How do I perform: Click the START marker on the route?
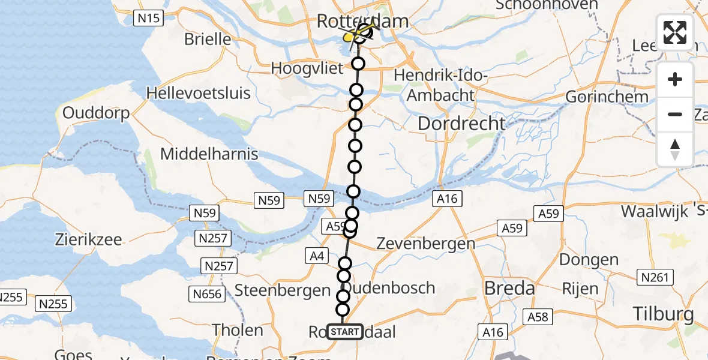pyautogui.click(x=345, y=331)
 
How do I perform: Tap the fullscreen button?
pyautogui.click(x=675, y=32)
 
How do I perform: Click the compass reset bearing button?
pyautogui.click(x=675, y=149)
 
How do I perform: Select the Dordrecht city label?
pyautogui.click(x=461, y=124)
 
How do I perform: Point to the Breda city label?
pyautogui.click(x=509, y=289)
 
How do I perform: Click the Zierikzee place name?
pyautogui.click(x=89, y=239)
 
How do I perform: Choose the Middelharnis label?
pyautogui.click(x=209, y=154)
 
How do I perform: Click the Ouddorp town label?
pyautogui.click(x=96, y=113)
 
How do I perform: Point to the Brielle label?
pyautogui.click(x=208, y=40)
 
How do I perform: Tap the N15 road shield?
pyautogui.click(x=148, y=19)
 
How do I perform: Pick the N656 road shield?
pyautogui.click(x=208, y=294)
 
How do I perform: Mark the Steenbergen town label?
pyautogui.click(x=282, y=290)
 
